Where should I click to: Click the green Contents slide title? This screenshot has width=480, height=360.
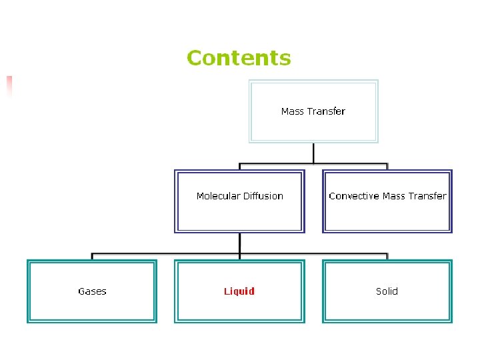tap(239, 58)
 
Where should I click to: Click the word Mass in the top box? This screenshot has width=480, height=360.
tap(292, 111)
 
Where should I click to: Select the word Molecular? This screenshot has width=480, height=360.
tap(218, 196)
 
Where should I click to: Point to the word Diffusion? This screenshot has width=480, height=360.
tap(263, 196)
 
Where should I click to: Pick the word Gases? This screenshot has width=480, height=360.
tap(92, 291)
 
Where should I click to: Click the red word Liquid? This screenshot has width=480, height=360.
tap(239, 291)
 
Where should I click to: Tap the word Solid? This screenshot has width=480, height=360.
tap(387, 291)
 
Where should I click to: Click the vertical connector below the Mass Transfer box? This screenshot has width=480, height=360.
tap(313, 153)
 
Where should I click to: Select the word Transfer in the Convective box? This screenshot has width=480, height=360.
tap(427, 196)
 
